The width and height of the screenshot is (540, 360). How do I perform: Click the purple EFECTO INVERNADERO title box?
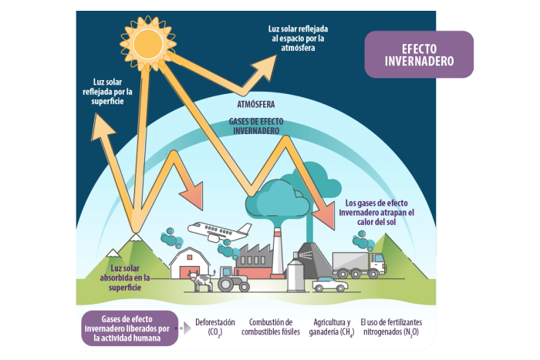click(419, 54)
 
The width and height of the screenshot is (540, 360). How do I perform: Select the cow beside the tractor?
click(203, 281)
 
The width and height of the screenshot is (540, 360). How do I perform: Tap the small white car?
click(330, 284)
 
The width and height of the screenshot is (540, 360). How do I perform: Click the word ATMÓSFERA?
click(255, 103)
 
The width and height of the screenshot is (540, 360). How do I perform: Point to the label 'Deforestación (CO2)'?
click(214, 327)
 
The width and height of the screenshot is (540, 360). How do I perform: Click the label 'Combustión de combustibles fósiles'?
click(272, 327)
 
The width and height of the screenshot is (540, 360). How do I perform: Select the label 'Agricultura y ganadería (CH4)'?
click(332, 327)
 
